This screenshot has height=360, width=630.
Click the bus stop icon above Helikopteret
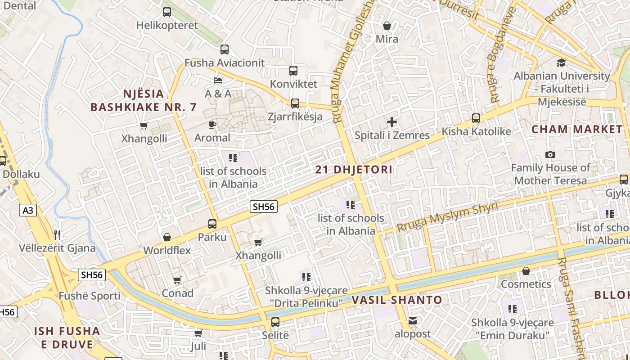pyautogui.click(x=167, y=12)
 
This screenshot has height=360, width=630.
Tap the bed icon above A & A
pyautogui.click(x=218, y=81)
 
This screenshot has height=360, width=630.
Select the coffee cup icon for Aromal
pyautogui.click(x=212, y=125)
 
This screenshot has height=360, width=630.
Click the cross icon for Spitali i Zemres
pyautogui.click(x=392, y=122)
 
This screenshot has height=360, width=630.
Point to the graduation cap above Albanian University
pyautogui.click(x=561, y=63)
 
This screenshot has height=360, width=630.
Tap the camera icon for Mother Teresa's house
pyautogui.click(x=550, y=155)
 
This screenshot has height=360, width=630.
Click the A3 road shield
pyautogui.click(x=28, y=210)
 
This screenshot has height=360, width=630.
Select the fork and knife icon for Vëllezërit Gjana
pyautogui.click(x=57, y=234)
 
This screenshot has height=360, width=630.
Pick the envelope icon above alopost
pyautogui.click(x=413, y=321)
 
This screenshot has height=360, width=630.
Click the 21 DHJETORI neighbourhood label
pyautogui.click(x=354, y=170)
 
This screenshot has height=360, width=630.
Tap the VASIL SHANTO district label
pyautogui.click(x=397, y=300)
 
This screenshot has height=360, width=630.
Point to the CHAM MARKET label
pyautogui.click(x=577, y=130)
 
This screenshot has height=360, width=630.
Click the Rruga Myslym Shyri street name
pyautogui.click(x=447, y=216)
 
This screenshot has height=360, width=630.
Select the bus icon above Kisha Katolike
pyautogui.click(x=476, y=118)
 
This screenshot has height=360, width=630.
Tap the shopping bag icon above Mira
pyautogui.click(x=387, y=26)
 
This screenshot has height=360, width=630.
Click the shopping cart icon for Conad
pyautogui.click(x=177, y=280)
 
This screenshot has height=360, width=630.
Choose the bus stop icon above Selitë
pyautogui.click(x=275, y=322)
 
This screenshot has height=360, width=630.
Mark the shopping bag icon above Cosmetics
pyautogui.click(x=526, y=271)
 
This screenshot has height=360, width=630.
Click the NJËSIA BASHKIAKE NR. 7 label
pyautogui.click(x=144, y=100)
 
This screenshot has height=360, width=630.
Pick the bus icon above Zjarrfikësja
pyautogui.click(x=295, y=103)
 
